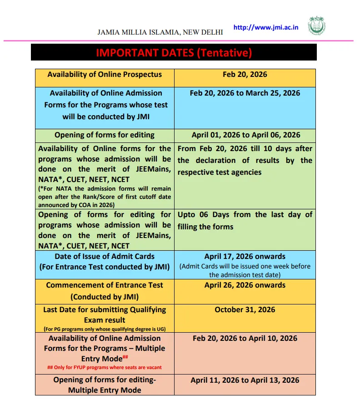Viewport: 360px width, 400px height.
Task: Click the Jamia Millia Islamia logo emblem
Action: (x=317, y=26)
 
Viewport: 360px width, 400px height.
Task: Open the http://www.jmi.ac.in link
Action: (x=265, y=27)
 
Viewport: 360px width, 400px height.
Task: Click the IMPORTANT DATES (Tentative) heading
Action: (x=174, y=53)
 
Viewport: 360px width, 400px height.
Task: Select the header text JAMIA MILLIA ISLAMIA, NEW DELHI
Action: (x=160, y=32)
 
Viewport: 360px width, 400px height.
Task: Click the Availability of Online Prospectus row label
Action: (x=105, y=74)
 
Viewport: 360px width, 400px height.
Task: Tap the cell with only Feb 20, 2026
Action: (x=245, y=74)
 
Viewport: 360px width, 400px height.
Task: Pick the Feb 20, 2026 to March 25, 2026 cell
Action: (x=245, y=93)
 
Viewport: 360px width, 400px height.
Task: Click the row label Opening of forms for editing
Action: (x=105, y=135)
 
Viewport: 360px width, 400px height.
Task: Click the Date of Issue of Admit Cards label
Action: (x=105, y=257)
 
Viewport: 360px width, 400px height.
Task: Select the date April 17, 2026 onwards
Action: (x=245, y=257)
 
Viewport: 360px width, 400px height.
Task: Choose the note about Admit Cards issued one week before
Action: (x=245, y=270)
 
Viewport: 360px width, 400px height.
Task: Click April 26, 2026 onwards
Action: (x=245, y=285)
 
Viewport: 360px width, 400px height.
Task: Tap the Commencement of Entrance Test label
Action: (x=105, y=285)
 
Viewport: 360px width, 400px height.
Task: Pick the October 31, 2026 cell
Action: (x=245, y=310)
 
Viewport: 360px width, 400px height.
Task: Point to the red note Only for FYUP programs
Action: (x=105, y=367)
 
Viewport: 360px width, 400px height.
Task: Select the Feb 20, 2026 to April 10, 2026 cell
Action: (x=245, y=338)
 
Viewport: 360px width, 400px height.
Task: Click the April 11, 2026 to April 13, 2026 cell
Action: (x=245, y=380)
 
